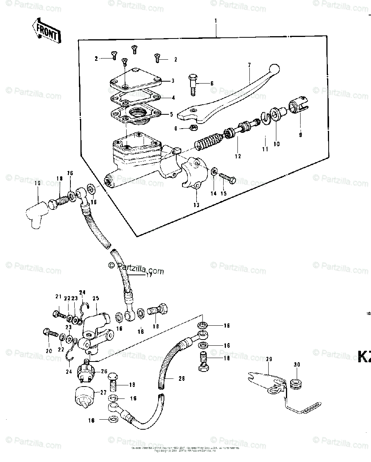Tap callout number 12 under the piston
tap(238, 156)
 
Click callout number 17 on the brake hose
tap(149, 275)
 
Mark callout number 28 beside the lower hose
tap(181, 378)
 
